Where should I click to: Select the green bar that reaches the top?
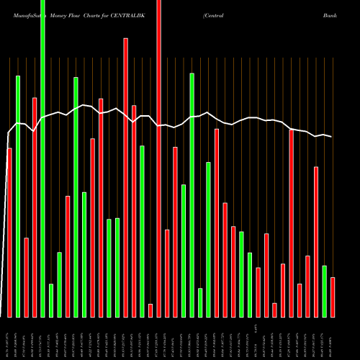(42, 158)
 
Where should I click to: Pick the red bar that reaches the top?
(159, 158)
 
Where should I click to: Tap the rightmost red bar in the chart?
(333, 297)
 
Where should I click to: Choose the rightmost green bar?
(324, 291)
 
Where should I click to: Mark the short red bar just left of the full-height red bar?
(150, 310)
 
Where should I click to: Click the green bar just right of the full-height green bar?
(51, 300)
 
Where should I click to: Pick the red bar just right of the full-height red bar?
(167, 273)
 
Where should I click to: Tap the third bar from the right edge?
(316, 241)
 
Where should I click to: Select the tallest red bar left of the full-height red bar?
(126, 177)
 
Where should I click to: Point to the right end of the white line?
(332, 137)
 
